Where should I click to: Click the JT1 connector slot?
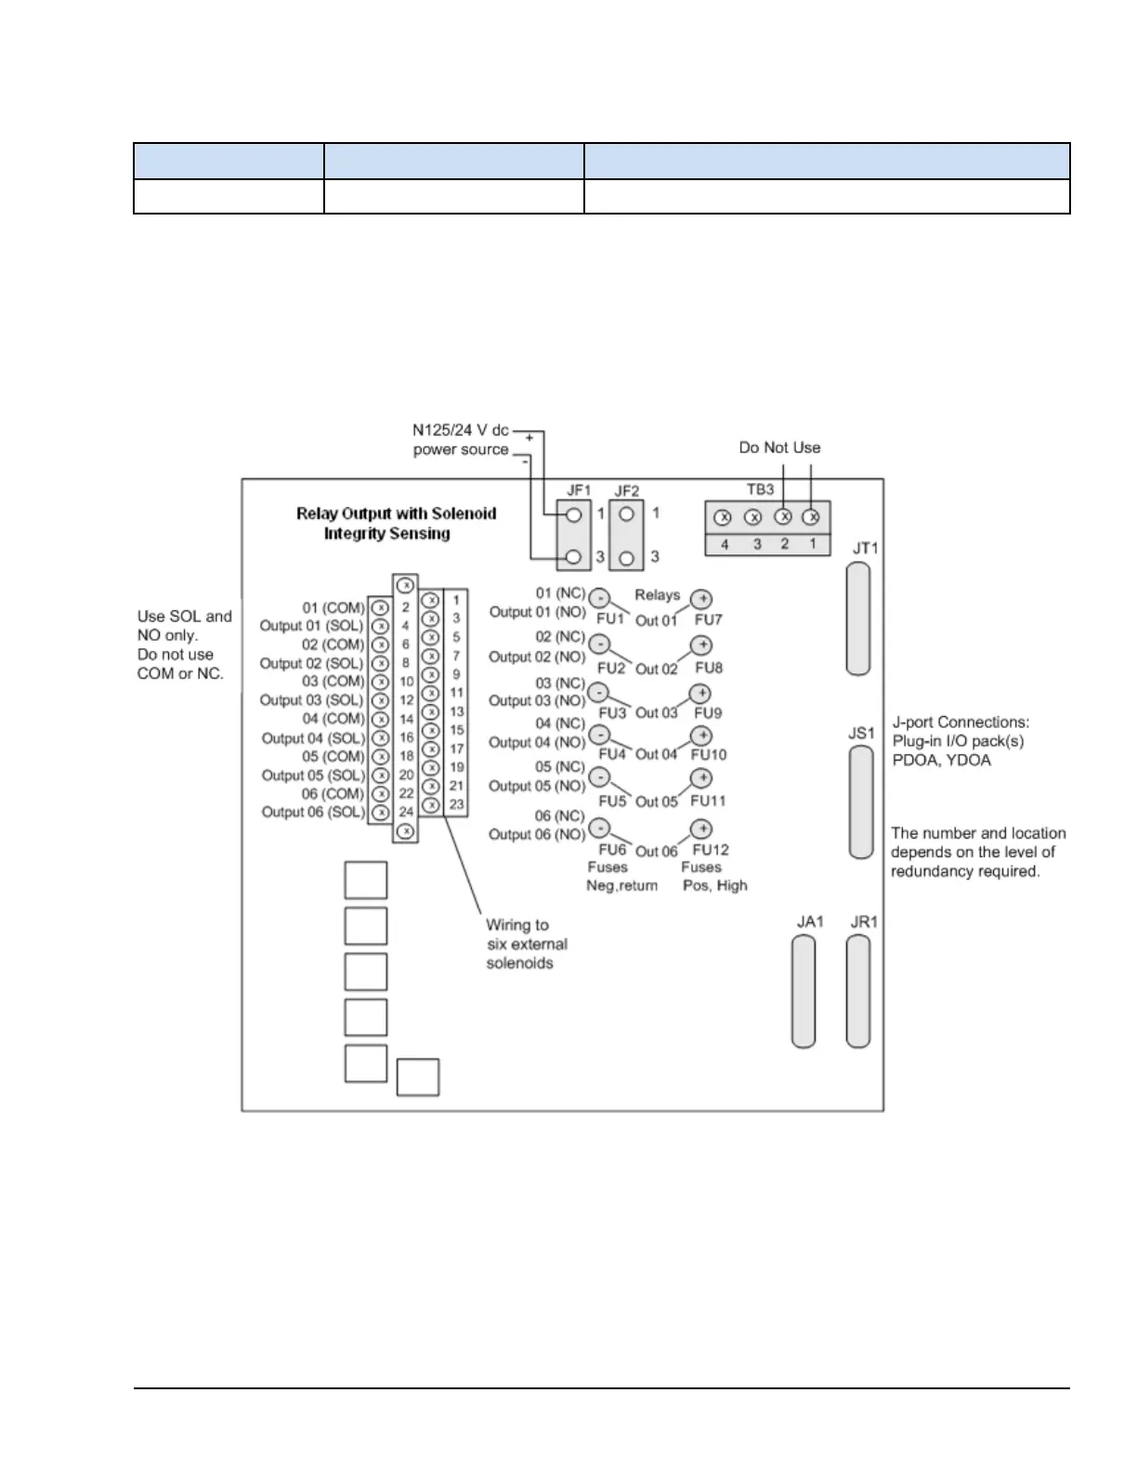[x=858, y=618]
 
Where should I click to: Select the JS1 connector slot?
[x=861, y=802]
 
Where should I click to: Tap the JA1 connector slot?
[x=804, y=991]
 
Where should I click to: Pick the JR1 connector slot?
[x=858, y=991]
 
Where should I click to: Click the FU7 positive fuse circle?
[x=701, y=600]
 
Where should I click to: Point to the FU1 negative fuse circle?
[x=600, y=598]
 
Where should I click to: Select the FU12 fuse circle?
[x=701, y=828]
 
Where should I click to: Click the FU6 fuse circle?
[x=600, y=827]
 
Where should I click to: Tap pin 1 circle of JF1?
[x=574, y=514]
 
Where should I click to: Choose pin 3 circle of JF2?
[x=627, y=557]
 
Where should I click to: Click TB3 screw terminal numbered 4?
[x=723, y=517]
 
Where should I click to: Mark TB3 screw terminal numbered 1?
[x=811, y=516]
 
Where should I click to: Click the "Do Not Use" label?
[x=779, y=448]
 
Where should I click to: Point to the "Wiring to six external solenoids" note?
[x=526, y=944]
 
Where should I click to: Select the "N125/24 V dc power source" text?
[x=461, y=440]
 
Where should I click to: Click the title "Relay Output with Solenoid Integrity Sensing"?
[x=396, y=524]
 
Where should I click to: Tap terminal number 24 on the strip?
[x=406, y=812]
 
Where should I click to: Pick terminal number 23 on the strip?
[x=456, y=804]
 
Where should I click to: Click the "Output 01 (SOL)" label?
[x=312, y=626]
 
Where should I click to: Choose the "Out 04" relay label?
[x=656, y=754]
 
